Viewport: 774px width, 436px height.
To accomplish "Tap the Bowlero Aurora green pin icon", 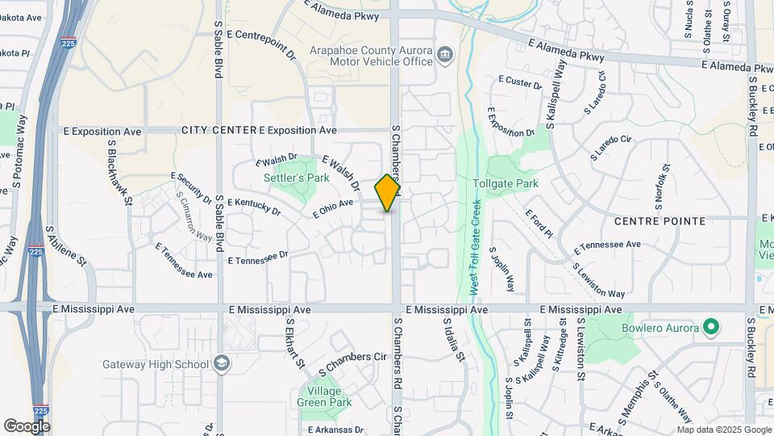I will (x=710, y=328).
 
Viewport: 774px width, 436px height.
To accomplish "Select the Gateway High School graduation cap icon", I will (x=221, y=363).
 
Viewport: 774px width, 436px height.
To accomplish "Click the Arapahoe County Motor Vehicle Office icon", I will (x=444, y=55).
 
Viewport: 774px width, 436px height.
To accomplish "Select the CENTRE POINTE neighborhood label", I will (x=659, y=220).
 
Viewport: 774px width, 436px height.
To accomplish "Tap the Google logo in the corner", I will (x=27, y=426).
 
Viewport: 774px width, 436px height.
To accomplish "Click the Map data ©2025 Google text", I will (x=722, y=430).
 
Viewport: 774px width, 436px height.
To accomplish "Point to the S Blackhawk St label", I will (x=118, y=172).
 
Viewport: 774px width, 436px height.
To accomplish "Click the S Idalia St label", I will (x=454, y=339).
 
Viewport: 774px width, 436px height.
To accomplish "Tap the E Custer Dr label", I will (x=521, y=82).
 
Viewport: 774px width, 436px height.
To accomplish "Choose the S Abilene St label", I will (x=65, y=246).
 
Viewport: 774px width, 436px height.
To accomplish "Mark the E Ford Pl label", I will (x=539, y=224).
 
